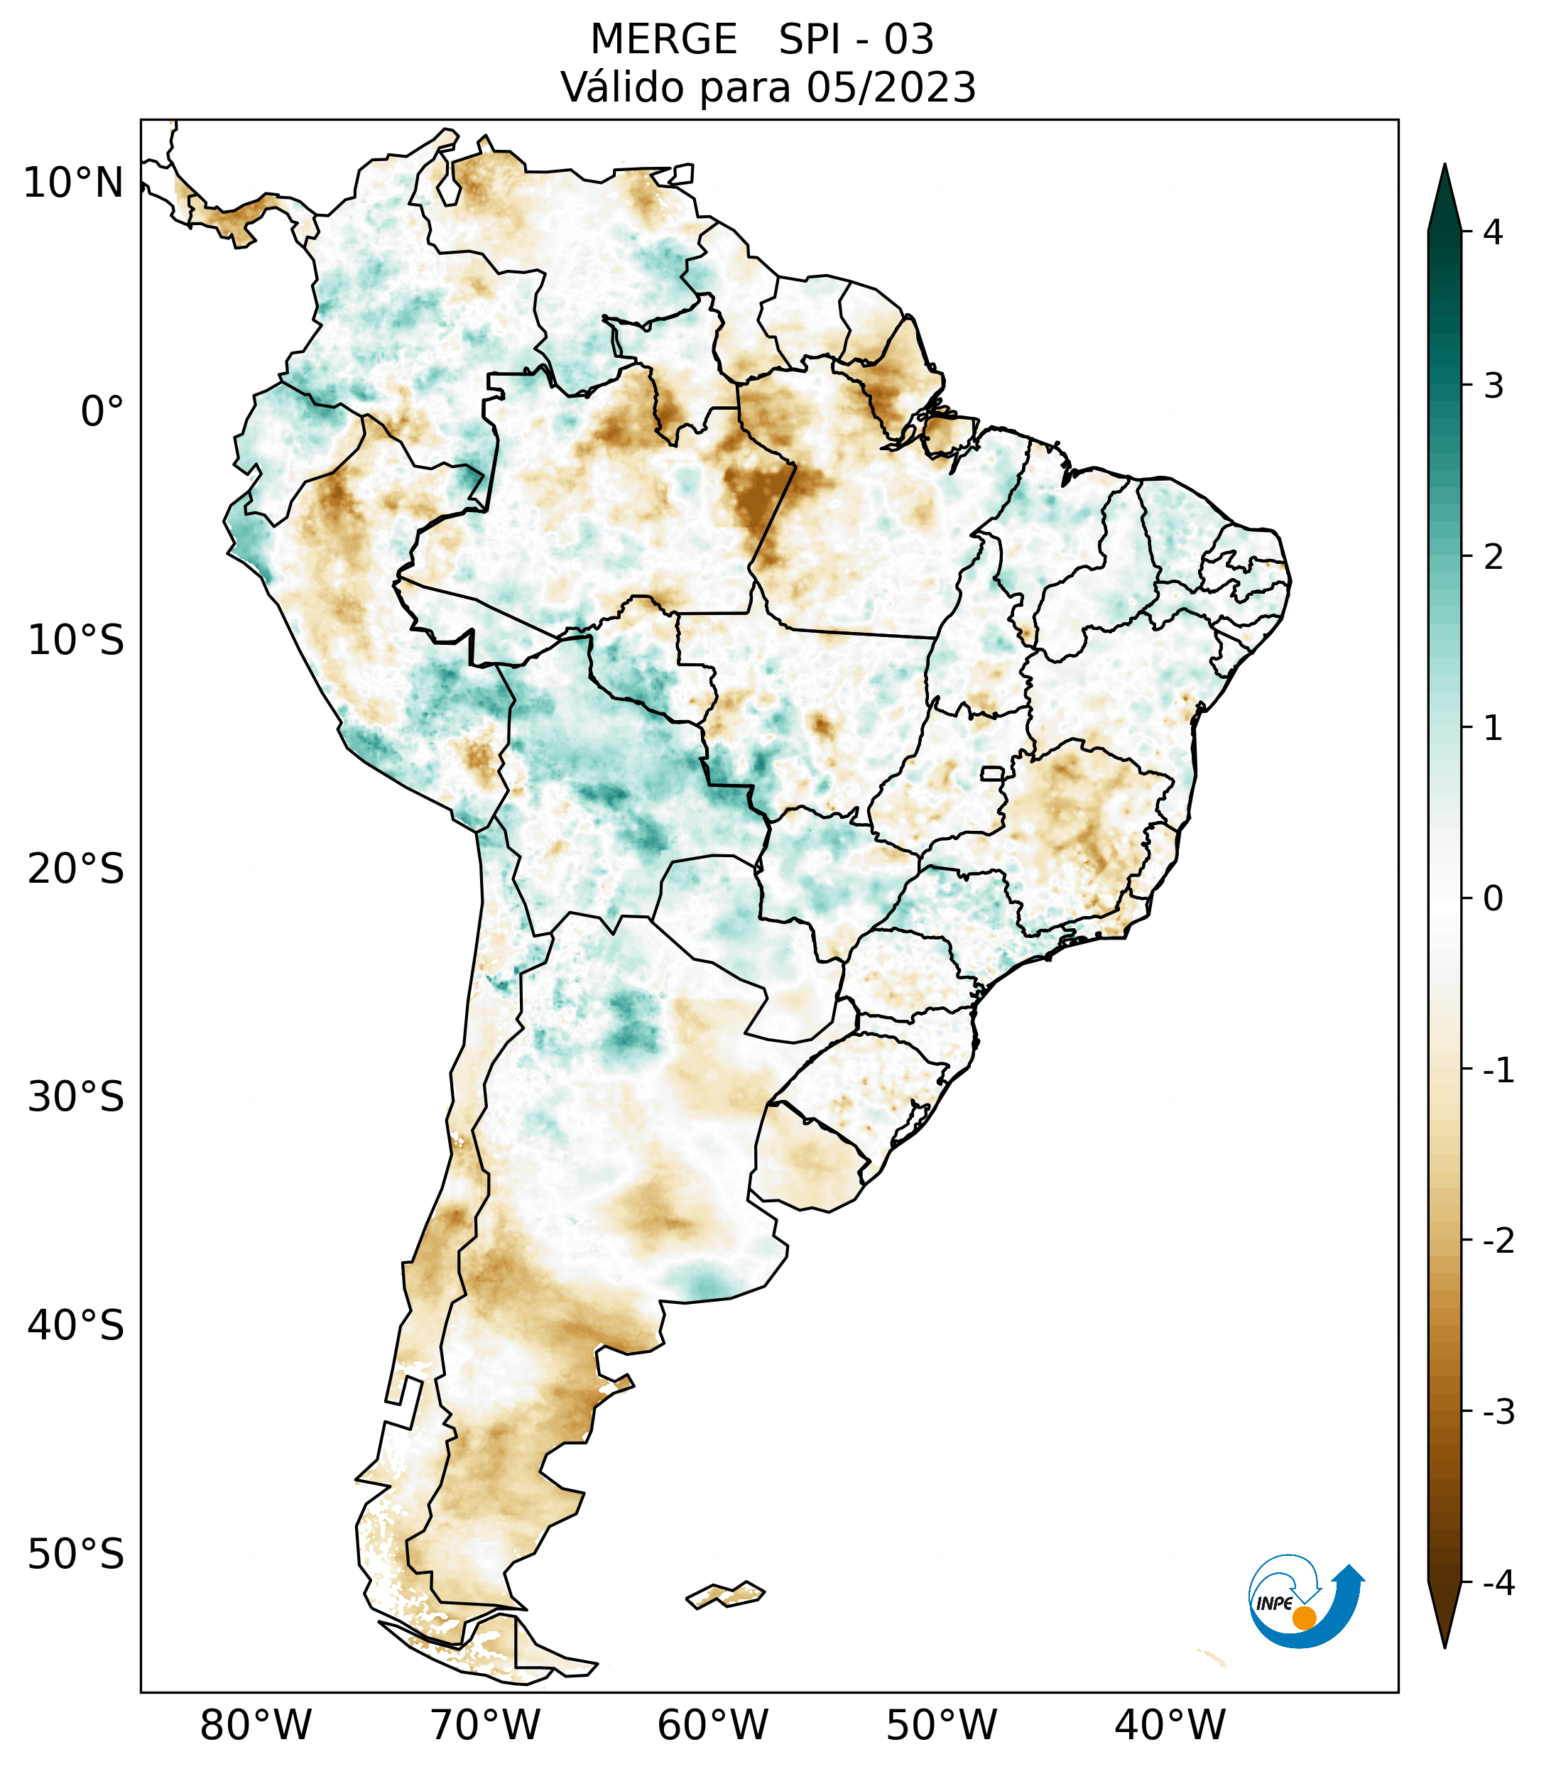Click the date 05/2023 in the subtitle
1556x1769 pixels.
(891, 87)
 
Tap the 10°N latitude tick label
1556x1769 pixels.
(74, 183)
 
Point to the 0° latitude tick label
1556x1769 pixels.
(102, 412)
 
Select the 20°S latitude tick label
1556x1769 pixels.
(76, 869)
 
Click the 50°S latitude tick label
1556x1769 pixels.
(76, 1555)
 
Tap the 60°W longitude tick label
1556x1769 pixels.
(712, 1726)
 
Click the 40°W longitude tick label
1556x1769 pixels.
(1170, 1726)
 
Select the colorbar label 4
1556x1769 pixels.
(1493, 232)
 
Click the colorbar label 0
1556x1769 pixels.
(1493, 899)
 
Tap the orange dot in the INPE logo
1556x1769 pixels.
(1304, 1618)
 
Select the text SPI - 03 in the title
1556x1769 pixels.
(856, 40)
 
